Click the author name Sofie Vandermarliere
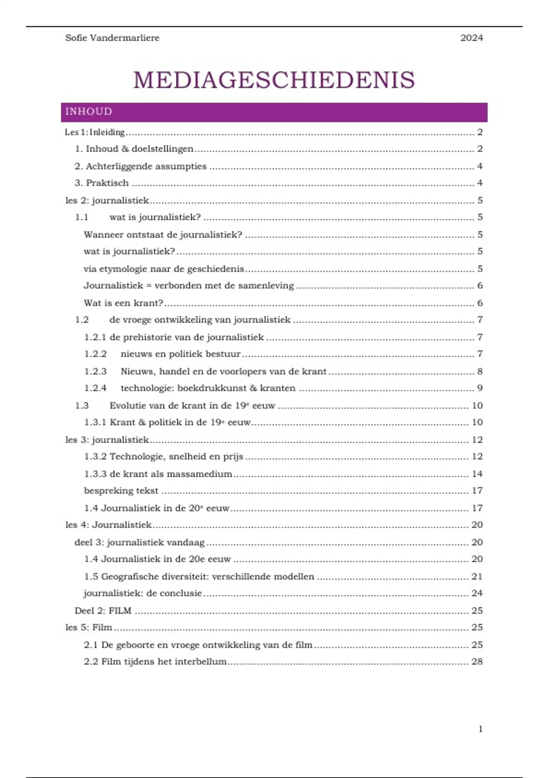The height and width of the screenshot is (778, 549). (112, 38)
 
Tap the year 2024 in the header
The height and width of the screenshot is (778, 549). (471, 38)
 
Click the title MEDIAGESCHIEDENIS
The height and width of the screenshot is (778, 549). (274, 80)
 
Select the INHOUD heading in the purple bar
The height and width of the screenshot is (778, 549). (89, 112)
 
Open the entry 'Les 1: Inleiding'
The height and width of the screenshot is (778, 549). (95, 132)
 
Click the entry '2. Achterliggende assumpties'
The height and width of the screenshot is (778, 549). (140, 166)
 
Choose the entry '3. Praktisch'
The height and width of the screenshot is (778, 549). (102, 183)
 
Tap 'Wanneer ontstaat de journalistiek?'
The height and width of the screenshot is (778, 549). (163, 235)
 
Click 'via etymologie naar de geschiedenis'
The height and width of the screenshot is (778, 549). (164, 269)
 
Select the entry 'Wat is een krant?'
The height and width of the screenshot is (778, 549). (124, 303)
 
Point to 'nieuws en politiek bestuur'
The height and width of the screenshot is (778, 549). (180, 354)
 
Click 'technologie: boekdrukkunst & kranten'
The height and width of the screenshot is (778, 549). (208, 388)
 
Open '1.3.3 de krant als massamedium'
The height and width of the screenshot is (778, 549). (158, 474)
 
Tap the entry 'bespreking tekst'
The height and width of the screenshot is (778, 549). (121, 491)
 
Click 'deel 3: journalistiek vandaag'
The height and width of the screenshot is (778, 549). (140, 542)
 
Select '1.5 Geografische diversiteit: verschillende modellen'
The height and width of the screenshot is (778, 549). (199, 577)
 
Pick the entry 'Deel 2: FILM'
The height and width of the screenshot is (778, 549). (103, 611)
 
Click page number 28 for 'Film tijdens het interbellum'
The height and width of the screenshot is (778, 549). (477, 661)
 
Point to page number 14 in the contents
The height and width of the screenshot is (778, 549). (477, 474)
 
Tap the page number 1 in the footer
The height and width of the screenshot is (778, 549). (480, 729)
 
